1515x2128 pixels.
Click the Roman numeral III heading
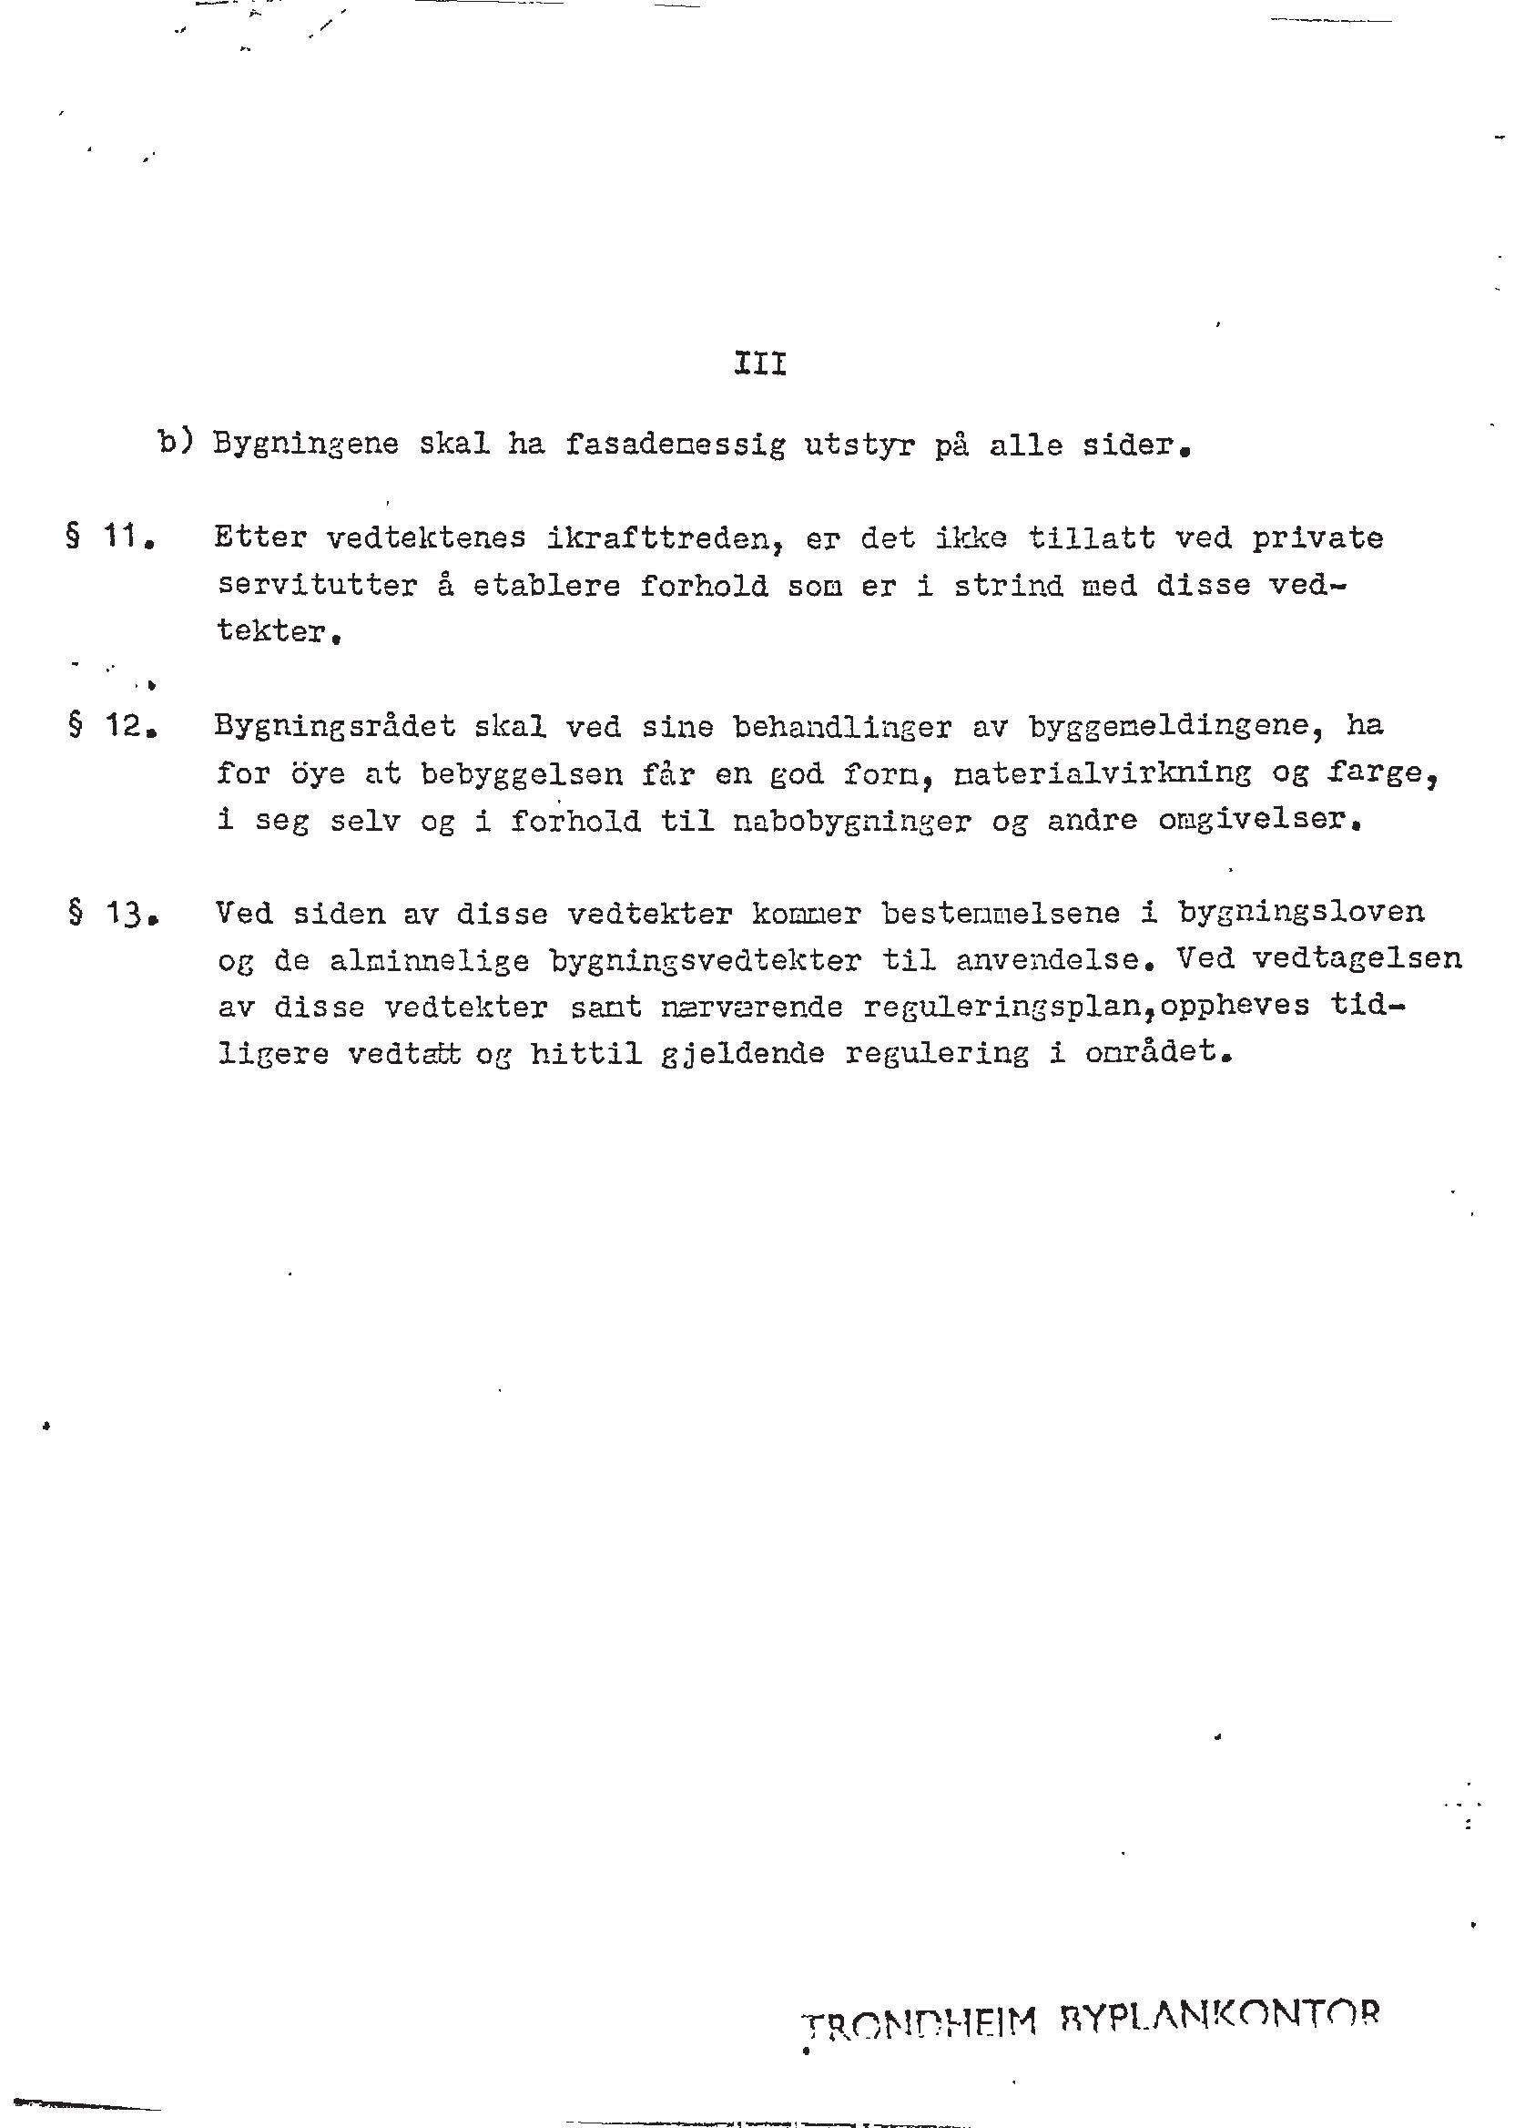tap(760, 364)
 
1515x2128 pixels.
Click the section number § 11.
tap(110, 538)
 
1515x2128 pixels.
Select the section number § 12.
tap(110, 725)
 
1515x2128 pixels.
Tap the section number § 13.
tap(110, 913)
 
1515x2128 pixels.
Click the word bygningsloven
tap(1300, 913)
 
